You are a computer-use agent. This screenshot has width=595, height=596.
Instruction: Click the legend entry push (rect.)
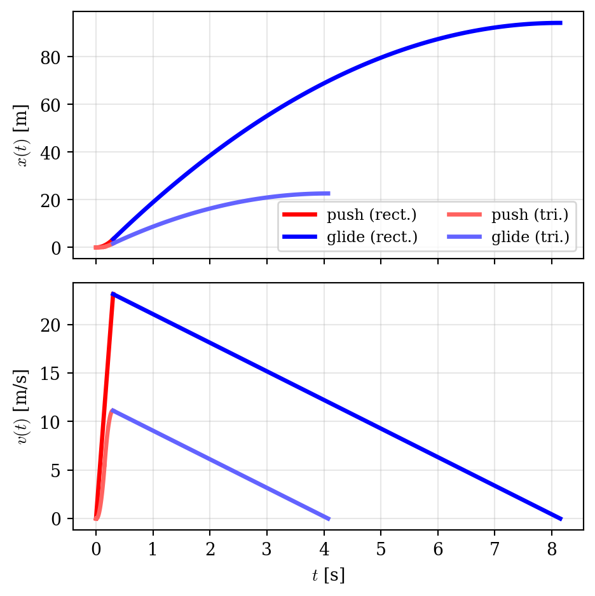coord(350,215)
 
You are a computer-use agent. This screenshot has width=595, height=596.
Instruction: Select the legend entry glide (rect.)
coord(350,237)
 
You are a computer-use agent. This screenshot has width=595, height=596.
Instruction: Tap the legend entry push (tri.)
coord(507,215)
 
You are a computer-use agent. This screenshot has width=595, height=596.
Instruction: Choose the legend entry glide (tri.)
coord(508,237)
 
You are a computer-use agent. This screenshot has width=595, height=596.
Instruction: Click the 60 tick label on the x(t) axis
coord(51,105)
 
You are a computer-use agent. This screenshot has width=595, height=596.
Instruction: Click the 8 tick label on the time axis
coord(552,549)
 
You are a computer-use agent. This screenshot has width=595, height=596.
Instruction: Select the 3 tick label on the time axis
coord(267,549)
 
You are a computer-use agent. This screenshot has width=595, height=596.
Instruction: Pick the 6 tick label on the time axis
coord(438,549)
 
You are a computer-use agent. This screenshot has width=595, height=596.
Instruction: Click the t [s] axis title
coord(329,575)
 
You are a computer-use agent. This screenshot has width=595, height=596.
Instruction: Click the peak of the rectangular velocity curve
coord(113,294)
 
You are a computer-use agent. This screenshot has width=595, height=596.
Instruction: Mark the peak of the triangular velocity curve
coord(112,410)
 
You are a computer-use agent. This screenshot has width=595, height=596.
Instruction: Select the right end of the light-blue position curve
coord(329,193)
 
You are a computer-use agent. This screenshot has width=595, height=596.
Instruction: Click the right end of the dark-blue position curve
coord(561,23)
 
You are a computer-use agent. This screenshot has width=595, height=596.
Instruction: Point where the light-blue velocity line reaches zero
coord(329,518)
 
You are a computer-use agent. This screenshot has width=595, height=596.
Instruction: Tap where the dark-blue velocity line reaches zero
coord(561,518)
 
